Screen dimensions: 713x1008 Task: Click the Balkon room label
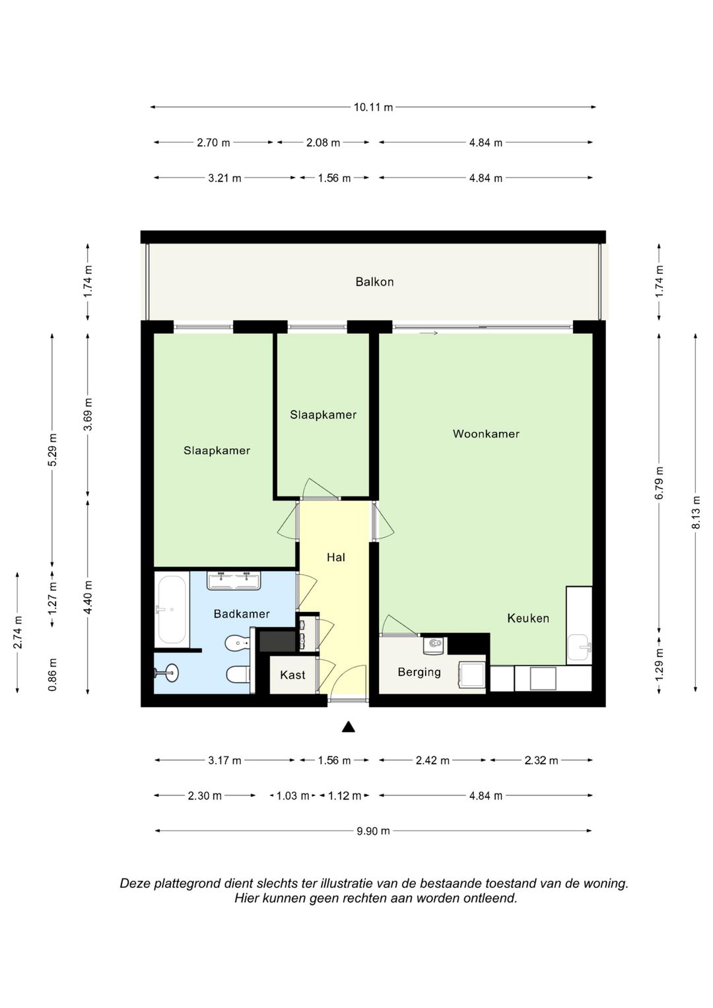(374, 282)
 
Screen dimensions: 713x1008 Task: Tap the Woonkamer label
(486, 434)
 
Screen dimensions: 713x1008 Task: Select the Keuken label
(528, 619)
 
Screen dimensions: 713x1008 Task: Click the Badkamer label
(242, 614)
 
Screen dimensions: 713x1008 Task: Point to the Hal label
(336, 558)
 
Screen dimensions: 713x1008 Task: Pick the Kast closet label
(292, 675)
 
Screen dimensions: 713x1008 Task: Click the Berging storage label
(419, 672)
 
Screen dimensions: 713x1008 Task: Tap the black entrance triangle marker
(349, 727)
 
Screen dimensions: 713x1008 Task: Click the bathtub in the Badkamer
(171, 610)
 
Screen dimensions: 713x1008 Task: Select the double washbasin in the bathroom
(234, 580)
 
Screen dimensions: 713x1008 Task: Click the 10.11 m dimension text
(373, 107)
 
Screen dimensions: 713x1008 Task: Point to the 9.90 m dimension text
(373, 831)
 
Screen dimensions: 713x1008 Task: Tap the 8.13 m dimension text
(696, 512)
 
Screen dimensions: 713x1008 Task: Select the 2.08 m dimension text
(323, 143)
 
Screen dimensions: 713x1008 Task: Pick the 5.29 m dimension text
(53, 450)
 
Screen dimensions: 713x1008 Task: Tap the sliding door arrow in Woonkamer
(428, 333)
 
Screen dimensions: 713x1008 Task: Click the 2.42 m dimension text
(432, 760)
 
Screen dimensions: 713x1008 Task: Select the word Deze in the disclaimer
(134, 883)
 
